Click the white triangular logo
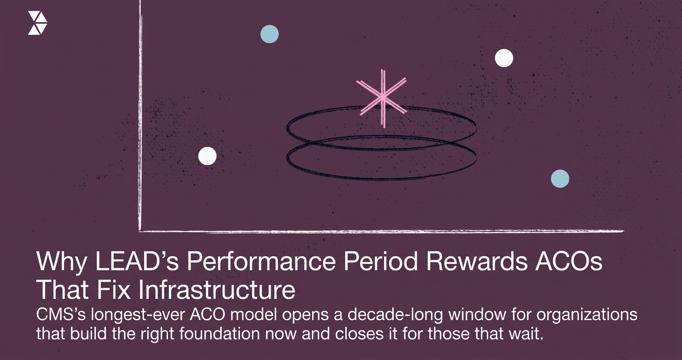tap(37, 23)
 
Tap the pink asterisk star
tap(382, 98)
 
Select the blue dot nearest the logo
tap(270, 34)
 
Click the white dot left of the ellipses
tap(207, 156)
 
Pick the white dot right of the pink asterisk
tap(504, 58)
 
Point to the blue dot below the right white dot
tap(560, 179)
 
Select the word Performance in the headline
tap(278, 264)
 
